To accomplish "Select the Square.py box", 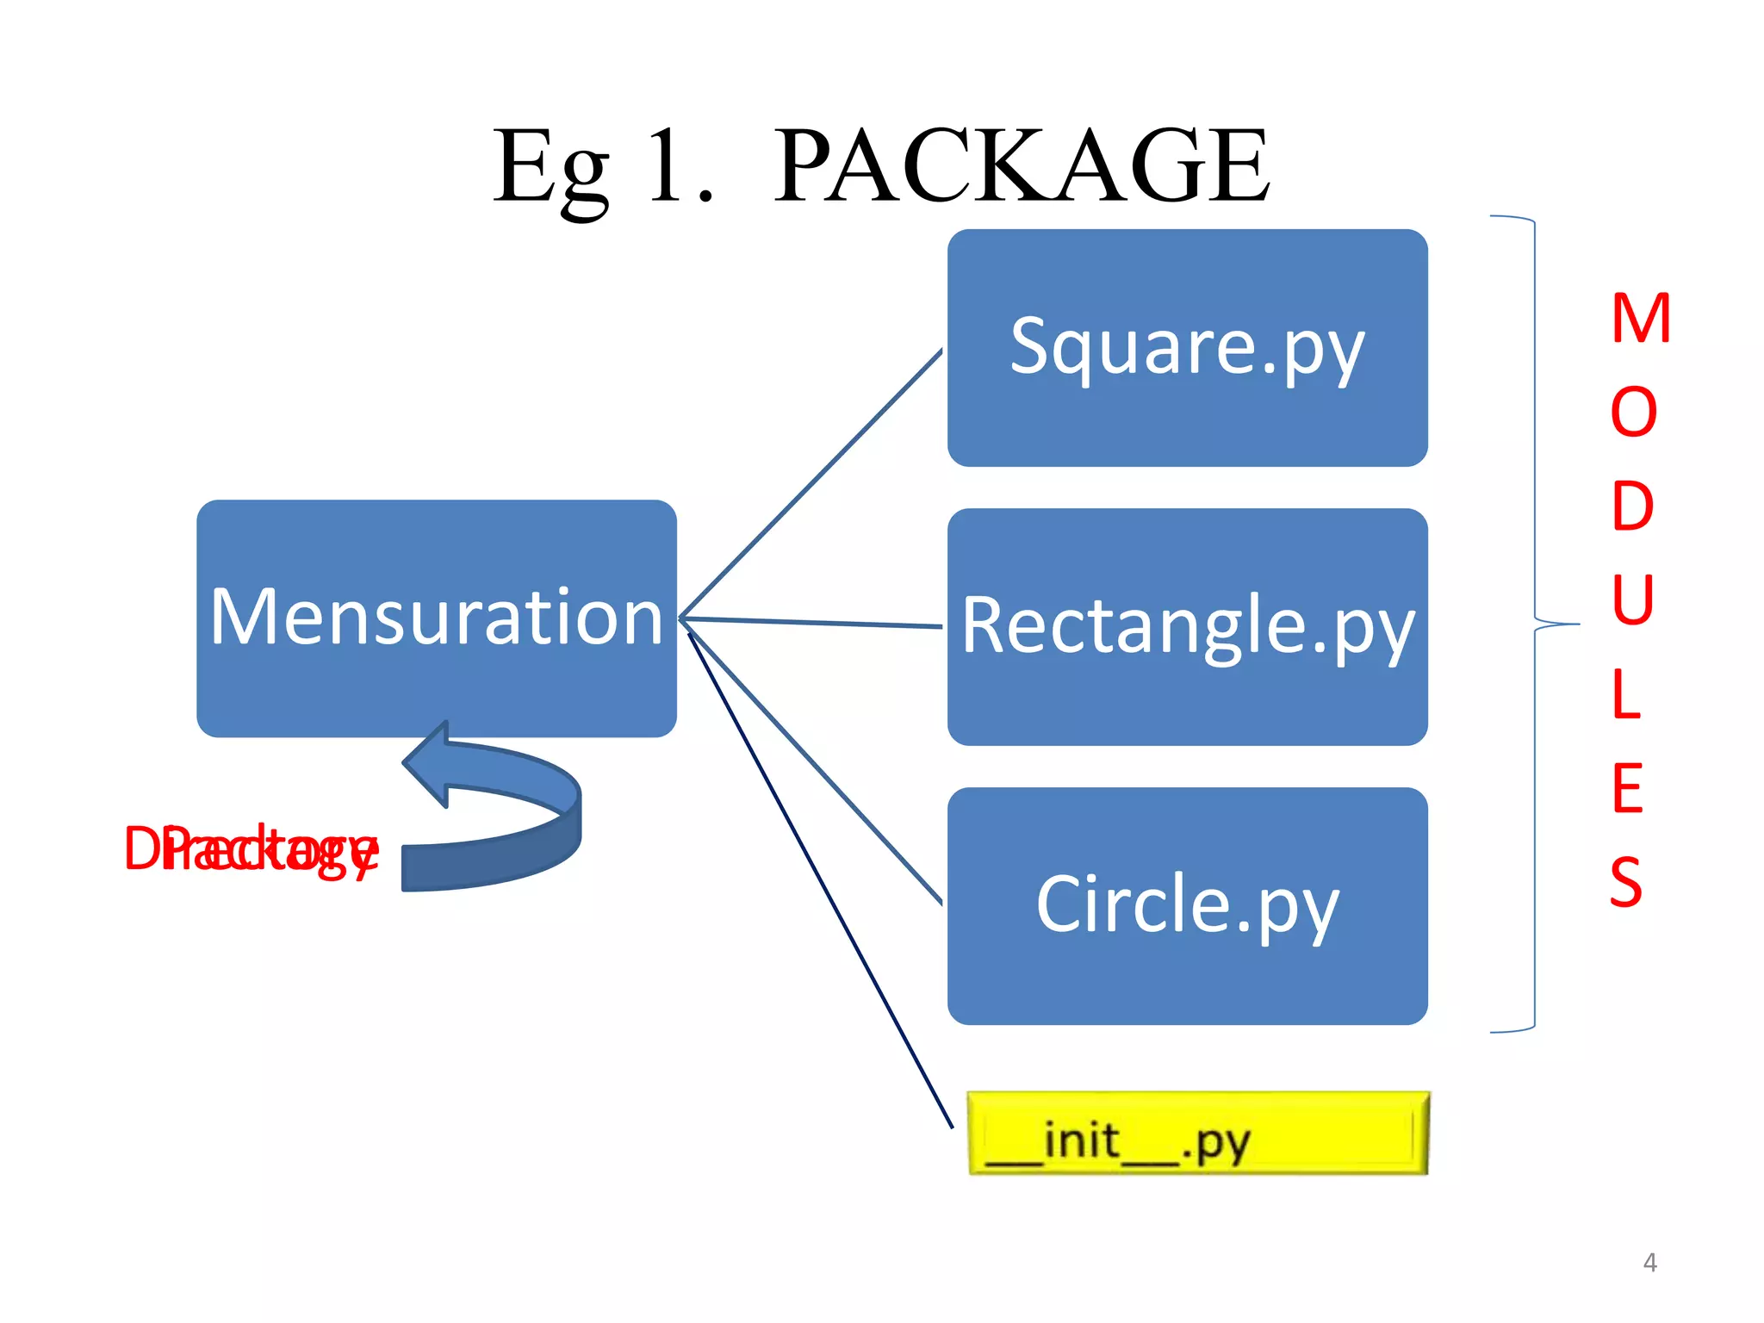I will pyautogui.click(x=1187, y=348).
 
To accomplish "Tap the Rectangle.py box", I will pyautogui.click(x=1187, y=627).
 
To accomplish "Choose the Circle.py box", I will pyautogui.click(x=1187, y=906).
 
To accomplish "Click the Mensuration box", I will pyautogui.click(x=436, y=618).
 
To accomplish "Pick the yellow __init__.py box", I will pyautogui.click(x=1197, y=1134).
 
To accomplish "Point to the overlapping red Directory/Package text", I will pyautogui.click(x=251, y=849).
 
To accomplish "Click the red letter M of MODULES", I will pyautogui.click(x=1640, y=319).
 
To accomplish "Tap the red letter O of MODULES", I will pyautogui.click(x=1633, y=412).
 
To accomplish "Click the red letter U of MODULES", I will pyautogui.click(x=1632, y=599).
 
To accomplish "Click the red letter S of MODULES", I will pyautogui.click(x=1625, y=881).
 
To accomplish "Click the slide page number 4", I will pyautogui.click(x=1649, y=1263).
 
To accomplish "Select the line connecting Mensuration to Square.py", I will pyautogui.click(x=810, y=484).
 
